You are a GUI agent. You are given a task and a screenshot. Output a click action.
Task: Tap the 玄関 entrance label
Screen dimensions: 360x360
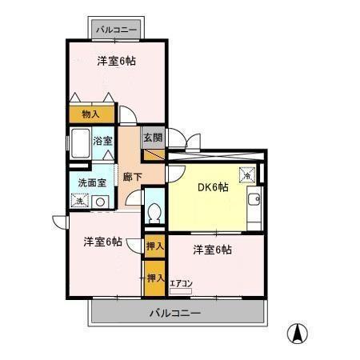click(x=153, y=137)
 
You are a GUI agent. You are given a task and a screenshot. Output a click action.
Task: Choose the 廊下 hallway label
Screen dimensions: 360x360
click(x=132, y=177)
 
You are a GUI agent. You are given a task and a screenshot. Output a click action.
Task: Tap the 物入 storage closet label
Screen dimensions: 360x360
click(x=91, y=114)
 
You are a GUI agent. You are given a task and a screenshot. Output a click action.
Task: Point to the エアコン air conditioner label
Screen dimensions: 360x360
click(x=181, y=282)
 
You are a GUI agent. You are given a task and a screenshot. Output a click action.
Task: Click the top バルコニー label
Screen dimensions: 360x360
click(x=117, y=30)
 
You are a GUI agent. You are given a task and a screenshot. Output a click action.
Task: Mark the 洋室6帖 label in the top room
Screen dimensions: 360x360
click(x=116, y=60)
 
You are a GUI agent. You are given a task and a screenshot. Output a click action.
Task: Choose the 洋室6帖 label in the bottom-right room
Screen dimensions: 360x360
click(x=212, y=250)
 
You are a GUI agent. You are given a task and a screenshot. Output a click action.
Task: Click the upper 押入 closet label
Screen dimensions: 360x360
click(x=154, y=246)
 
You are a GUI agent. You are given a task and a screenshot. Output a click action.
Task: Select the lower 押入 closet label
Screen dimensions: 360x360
click(x=154, y=278)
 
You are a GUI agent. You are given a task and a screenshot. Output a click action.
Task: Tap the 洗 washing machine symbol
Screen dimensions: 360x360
click(x=79, y=201)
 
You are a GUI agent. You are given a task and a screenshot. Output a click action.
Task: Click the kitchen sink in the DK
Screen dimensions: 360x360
click(x=254, y=199)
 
